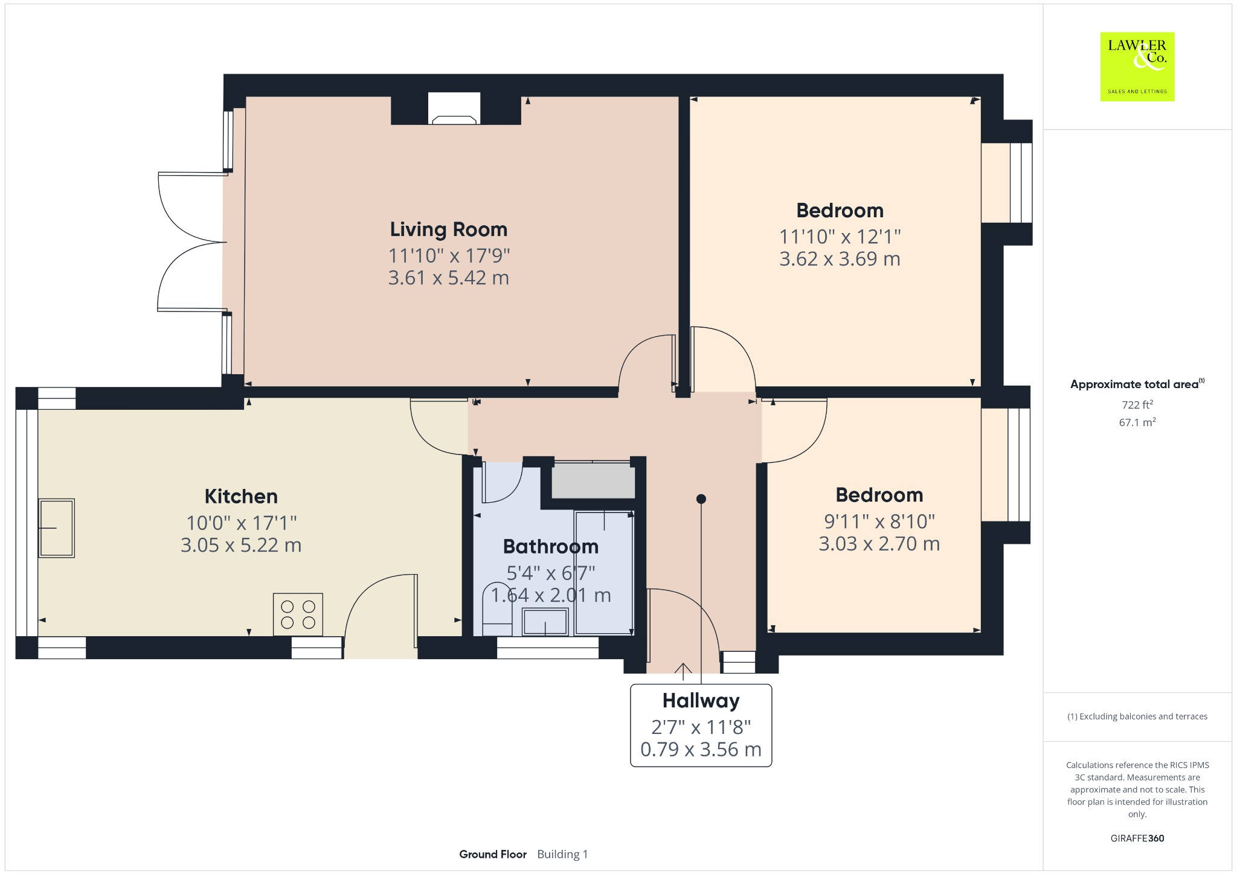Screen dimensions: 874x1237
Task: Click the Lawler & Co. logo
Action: [1137, 66]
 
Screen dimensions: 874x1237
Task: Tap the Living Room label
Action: [448, 229]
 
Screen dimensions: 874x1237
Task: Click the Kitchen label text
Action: [241, 496]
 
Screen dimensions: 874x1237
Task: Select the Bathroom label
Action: [550, 546]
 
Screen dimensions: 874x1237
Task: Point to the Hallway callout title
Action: [701, 701]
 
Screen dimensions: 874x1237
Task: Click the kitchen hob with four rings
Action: [298, 614]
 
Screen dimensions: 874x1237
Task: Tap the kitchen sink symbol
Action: [57, 528]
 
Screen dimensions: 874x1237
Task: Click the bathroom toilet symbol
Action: [497, 610]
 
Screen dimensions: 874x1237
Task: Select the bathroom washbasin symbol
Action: [545, 622]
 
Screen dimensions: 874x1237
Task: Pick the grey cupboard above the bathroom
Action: [593, 480]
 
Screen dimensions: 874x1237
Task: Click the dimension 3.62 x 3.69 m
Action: [840, 259]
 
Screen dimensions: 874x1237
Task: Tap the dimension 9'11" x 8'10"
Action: [879, 521]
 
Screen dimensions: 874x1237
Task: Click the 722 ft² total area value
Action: [1137, 404]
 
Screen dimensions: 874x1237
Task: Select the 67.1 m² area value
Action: [1137, 423]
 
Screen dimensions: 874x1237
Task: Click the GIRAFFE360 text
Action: [1137, 838]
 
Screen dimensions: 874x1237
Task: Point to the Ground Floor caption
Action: [493, 854]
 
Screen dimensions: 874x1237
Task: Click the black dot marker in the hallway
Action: [701, 499]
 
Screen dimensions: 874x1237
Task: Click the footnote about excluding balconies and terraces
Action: [1137, 716]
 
